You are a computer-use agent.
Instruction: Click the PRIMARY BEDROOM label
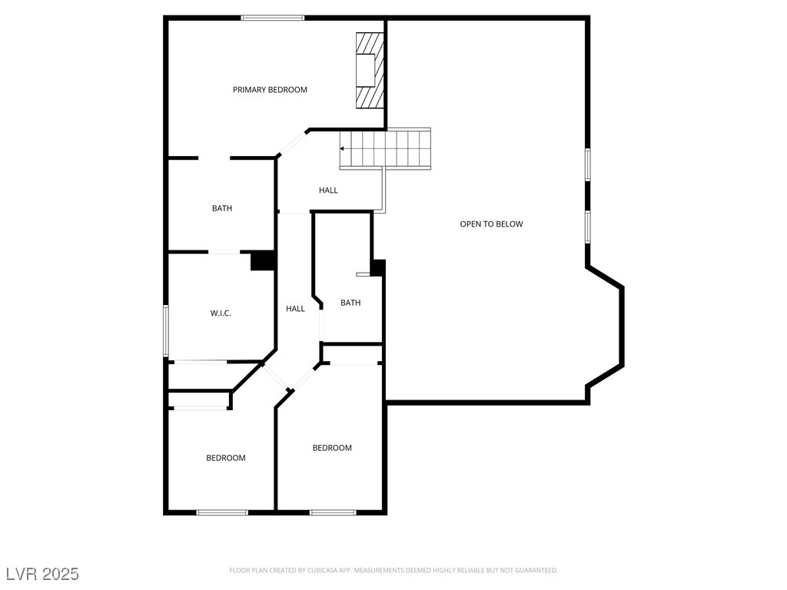(x=270, y=90)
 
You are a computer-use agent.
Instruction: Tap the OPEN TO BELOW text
(x=491, y=224)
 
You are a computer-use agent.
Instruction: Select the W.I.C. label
(x=221, y=313)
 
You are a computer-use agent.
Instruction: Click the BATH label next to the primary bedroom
(x=222, y=208)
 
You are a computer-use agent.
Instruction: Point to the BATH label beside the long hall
(x=350, y=303)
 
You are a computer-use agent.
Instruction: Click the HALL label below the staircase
(x=328, y=191)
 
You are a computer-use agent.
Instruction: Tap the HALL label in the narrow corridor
(x=295, y=309)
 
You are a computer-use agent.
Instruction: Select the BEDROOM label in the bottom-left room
(x=226, y=458)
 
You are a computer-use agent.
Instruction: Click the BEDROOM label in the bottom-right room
(x=332, y=448)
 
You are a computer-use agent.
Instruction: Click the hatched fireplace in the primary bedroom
(x=370, y=70)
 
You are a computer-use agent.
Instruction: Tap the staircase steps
(x=385, y=149)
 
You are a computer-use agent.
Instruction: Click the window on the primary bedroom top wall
(x=273, y=18)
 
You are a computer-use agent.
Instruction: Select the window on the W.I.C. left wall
(x=166, y=331)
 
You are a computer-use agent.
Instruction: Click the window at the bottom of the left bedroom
(x=222, y=512)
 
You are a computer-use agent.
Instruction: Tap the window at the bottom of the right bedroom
(x=333, y=512)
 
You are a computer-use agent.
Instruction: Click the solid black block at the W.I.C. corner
(x=263, y=261)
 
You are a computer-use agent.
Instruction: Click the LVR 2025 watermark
(x=43, y=574)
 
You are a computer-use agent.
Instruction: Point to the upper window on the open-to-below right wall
(x=587, y=164)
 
